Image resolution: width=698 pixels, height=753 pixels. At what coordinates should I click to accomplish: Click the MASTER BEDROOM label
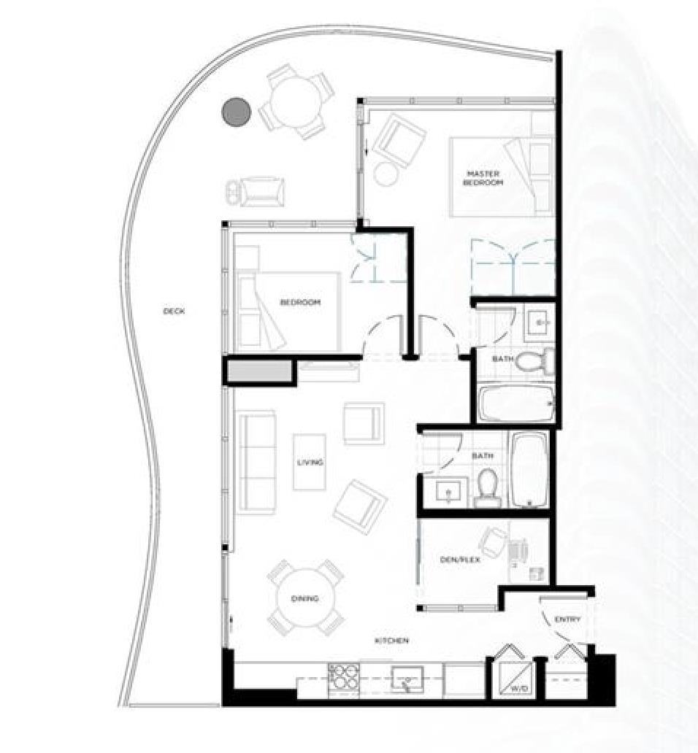pos(483,178)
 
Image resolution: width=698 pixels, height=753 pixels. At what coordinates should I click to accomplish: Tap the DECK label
pos(174,312)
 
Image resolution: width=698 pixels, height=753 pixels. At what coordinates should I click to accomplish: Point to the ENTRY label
pos(567,619)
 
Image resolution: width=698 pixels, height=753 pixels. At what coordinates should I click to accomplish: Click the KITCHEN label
pos(391,641)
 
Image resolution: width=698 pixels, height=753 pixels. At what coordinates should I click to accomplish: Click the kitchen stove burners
pos(341,677)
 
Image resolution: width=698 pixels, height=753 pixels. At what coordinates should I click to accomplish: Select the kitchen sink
pos(407,681)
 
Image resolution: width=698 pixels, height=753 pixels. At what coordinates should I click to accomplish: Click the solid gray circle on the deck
pos(237,112)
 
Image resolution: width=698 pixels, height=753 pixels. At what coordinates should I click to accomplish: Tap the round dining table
pos(305,598)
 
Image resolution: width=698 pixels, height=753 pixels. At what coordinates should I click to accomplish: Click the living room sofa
pos(256,460)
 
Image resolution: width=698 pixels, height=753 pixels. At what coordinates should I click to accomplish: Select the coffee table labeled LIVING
pos(310,462)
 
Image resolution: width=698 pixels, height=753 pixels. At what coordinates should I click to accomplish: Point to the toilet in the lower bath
pos(486,487)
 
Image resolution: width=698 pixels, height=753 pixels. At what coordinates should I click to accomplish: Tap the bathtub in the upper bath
pos(516,403)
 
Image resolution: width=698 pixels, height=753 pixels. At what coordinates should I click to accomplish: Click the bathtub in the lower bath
pos(529,470)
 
